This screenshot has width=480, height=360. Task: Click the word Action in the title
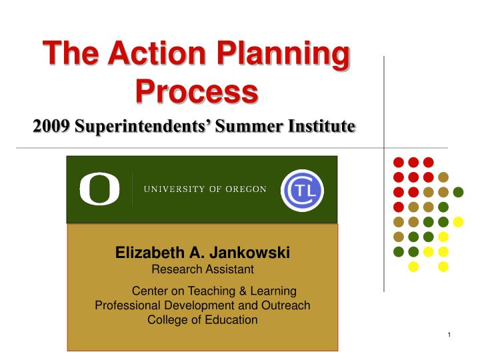coord(156,53)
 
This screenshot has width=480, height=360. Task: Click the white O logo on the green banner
coord(99,189)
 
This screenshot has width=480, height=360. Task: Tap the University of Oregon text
coord(205,189)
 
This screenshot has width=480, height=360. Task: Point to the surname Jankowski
coord(249,253)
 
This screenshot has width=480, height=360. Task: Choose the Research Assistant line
coord(203,269)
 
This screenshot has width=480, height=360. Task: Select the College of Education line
coord(202,320)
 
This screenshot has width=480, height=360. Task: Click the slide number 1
coord(450,333)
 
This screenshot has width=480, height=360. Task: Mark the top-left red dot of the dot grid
coord(398,162)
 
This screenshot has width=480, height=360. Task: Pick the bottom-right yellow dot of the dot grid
coord(444,267)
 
